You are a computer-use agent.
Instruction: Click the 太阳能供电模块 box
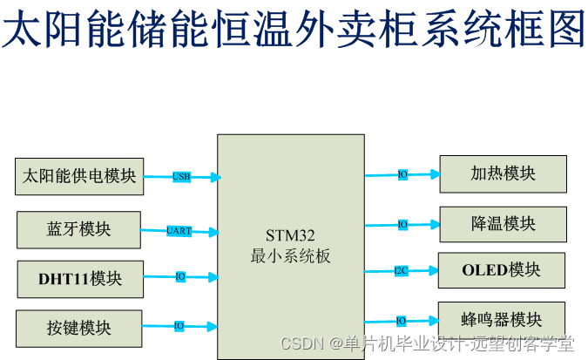point(79,176)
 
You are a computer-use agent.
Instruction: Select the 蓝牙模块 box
point(78,229)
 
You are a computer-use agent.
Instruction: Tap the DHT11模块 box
point(79,279)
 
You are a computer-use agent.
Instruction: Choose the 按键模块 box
point(79,328)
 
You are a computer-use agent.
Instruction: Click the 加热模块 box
point(503,173)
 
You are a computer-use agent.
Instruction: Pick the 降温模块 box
point(503,224)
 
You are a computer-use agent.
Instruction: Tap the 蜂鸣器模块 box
point(502,319)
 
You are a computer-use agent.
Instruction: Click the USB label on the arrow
point(181,176)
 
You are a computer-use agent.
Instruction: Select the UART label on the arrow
point(179,231)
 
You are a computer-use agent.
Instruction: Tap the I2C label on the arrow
point(401,270)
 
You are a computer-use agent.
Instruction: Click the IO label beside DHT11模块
point(180,276)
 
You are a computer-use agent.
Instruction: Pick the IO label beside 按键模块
point(179,326)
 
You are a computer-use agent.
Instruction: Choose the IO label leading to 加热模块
point(402,174)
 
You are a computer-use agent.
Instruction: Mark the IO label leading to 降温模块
point(402,224)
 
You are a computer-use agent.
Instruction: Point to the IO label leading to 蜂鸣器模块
point(402,321)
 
